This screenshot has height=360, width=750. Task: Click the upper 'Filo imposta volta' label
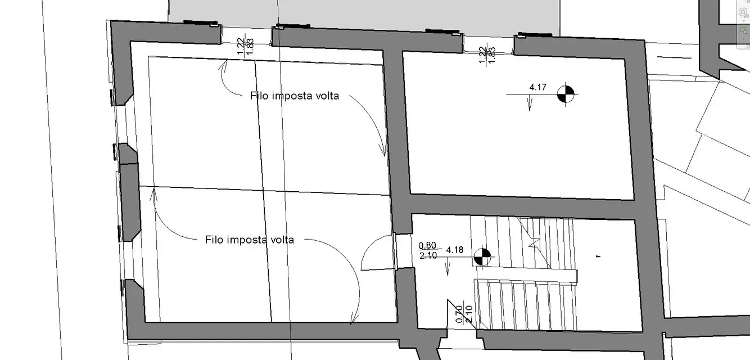[295, 96]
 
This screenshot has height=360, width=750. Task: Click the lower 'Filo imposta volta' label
[250, 240]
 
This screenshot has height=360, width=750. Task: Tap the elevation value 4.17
[537, 87]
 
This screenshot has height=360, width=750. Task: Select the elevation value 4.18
[455, 250]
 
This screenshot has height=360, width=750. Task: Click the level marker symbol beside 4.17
[566, 94]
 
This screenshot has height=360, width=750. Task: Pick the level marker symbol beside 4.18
[482, 257]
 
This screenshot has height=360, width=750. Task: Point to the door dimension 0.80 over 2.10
[427, 250]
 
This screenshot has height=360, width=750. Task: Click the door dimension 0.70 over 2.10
[464, 314]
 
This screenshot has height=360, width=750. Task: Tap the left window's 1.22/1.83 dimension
[245, 46]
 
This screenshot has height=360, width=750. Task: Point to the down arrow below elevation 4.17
[530, 103]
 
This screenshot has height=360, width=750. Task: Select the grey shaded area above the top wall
[363, 15]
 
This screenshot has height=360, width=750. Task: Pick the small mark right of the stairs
[598, 256]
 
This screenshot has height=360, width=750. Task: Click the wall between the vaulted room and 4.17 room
[397, 134]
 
